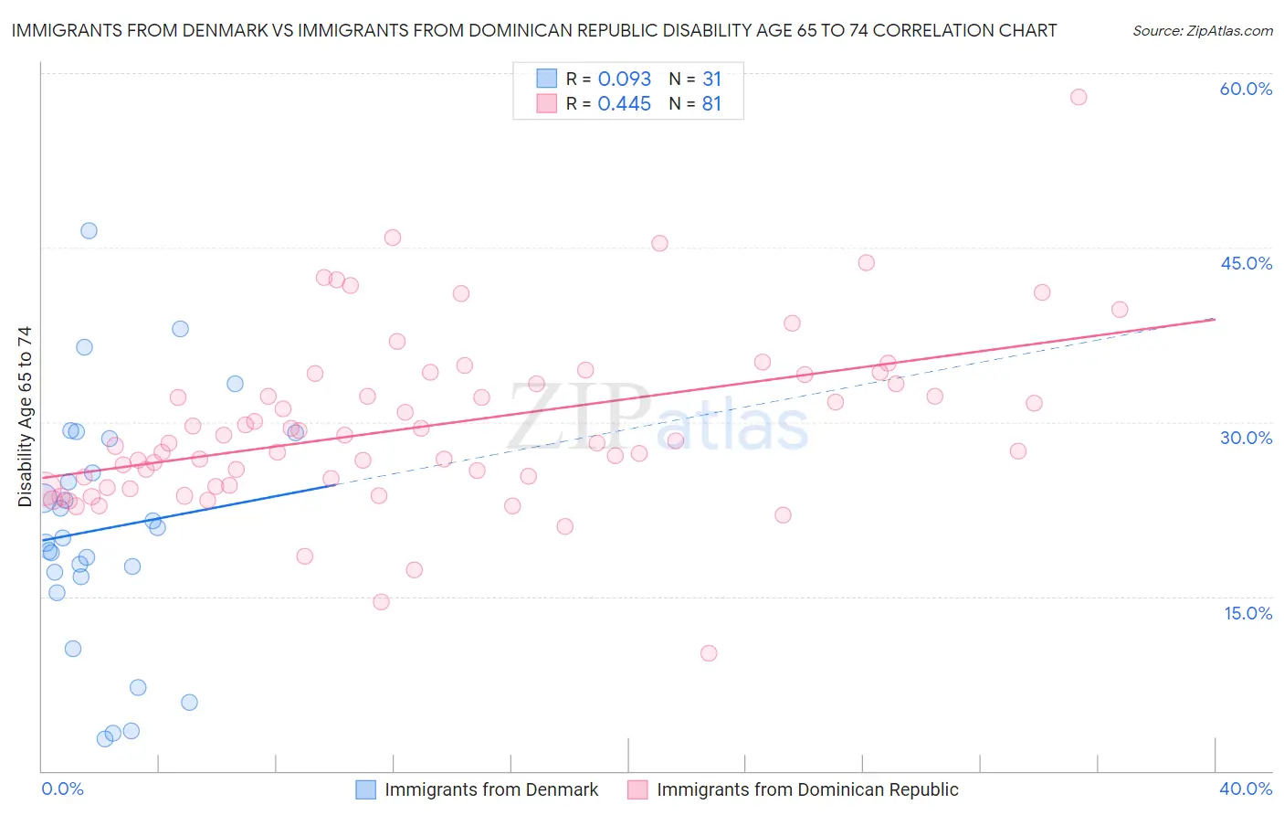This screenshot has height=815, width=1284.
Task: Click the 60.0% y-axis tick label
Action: coord(1246,89)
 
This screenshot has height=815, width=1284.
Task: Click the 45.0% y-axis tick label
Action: coord(1246,263)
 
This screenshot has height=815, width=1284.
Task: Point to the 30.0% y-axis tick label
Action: coord(1246,438)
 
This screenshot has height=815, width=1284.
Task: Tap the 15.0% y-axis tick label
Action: coord(1247,613)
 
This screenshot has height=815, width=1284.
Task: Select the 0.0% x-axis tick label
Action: coord(62,789)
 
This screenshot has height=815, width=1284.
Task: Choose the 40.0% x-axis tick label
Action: coord(1246,789)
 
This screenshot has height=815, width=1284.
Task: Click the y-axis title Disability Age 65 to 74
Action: coord(25,417)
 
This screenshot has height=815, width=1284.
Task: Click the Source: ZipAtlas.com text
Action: coord(1202,31)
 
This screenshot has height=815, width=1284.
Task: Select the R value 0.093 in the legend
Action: coord(624,79)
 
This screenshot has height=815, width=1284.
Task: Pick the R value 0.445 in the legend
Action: coord(624,103)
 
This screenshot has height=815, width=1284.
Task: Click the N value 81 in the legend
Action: coord(711,103)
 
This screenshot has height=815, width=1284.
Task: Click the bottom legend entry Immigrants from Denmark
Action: coord(490,789)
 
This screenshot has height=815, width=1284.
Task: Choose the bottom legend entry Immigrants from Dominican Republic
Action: coord(806,789)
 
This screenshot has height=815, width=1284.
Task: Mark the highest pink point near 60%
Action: coord(1079,97)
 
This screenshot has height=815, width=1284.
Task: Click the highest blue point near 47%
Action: coord(89,230)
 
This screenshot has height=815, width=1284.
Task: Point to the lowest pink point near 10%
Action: coord(709,653)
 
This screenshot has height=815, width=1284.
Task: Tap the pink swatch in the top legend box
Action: coord(546,103)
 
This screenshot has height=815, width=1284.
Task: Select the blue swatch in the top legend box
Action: coord(546,79)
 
